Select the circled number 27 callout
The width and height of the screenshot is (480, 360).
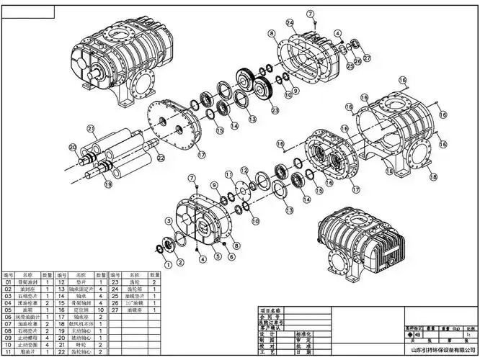tap(367, 58)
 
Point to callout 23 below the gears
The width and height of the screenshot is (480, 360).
tap(275, 109)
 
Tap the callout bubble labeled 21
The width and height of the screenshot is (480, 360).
tap(91, 130)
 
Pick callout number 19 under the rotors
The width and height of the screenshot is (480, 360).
tap(109, 184)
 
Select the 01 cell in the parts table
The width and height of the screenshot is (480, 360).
tap(9, 282)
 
